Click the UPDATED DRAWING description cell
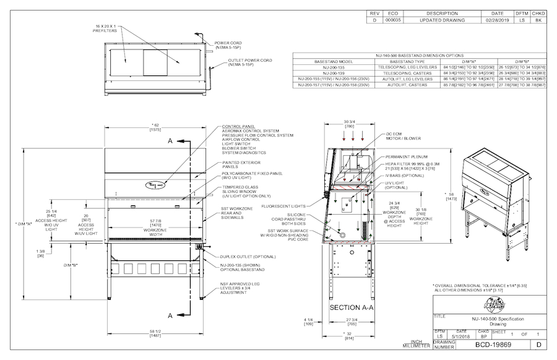point(442,20)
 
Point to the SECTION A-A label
point(352,307)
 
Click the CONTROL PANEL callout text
point(240,127)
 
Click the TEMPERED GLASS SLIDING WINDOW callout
point(240,189)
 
